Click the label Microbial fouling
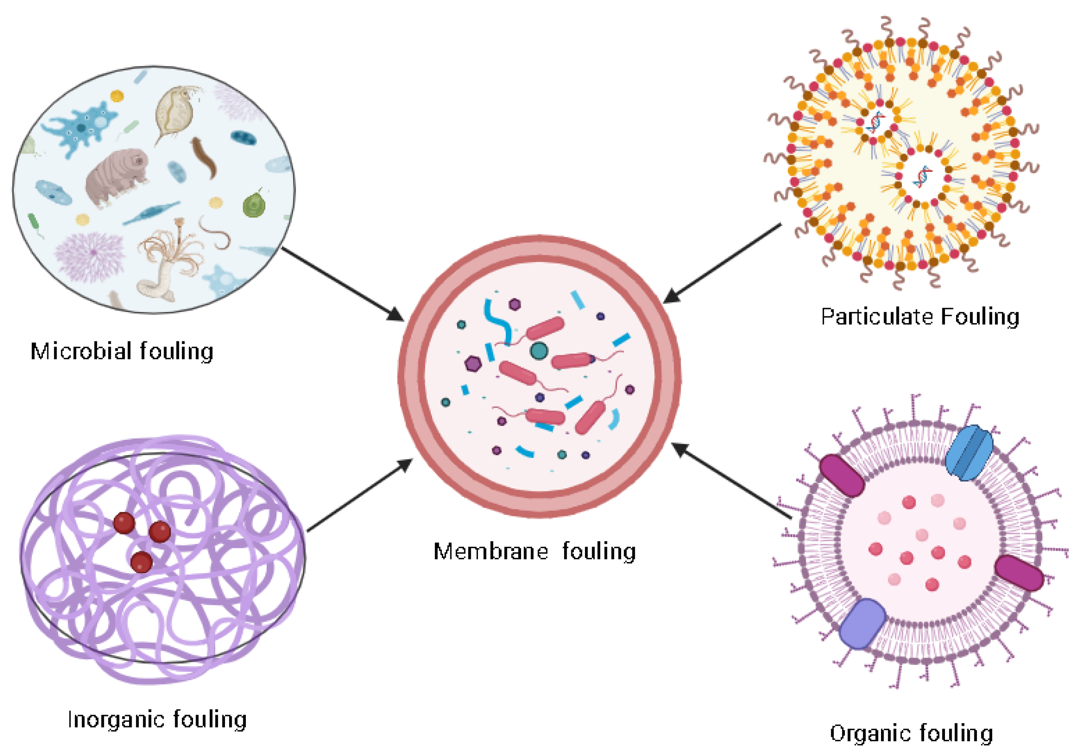pos(122,352)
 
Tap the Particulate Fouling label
pos(920,317)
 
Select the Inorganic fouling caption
pos(157,719)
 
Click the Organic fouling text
pos(911,733)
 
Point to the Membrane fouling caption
pos(534,551)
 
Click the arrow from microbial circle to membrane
pos(343,284)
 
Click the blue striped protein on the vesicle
pos(969,453)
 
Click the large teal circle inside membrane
pos(538,351)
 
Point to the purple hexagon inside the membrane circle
pos(473,363)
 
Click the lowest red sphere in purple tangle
pos(141,562)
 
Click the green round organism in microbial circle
pos(254,205)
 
